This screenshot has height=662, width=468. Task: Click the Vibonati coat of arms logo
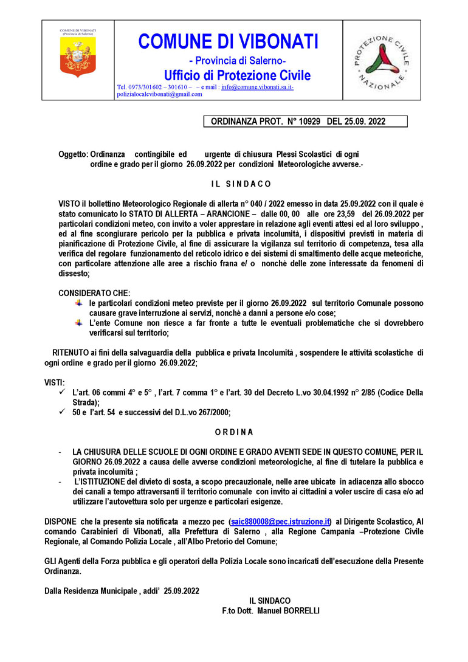pyautogui.click(x=78, y=60)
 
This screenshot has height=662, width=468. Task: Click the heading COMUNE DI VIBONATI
pyautogui.click(x=229, y=41)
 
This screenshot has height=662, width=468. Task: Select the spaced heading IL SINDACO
pyautogui.click(x=237, y=184)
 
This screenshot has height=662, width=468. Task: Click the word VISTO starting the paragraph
pyautogui.click(x=69, y=201)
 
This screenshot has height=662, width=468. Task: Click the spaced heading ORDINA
pyautogui.click(x=234, y=432)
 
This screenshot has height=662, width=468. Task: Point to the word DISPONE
pyautogui.click(x=60, y=522)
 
